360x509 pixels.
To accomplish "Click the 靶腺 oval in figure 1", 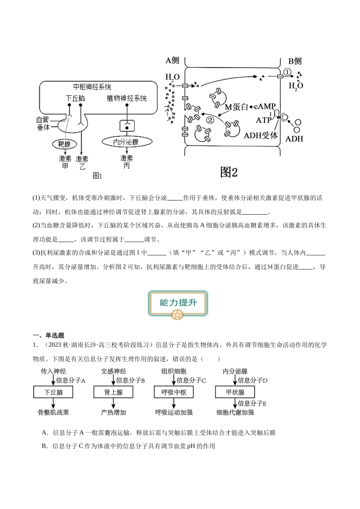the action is click(x=64, y=144).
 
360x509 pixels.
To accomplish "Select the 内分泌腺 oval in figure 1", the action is click(x=127, y=142).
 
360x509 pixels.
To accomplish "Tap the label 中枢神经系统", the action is click(x=92, y=87).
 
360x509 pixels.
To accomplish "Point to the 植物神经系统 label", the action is click(x=127, y=98).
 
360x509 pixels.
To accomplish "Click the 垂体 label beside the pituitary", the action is click(x=43, y=127).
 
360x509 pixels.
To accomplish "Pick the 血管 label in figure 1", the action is click(x=42, y=120).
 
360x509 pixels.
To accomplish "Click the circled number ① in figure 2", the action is click(x=287, y=72).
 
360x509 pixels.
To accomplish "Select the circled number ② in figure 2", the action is click(x=210, y=120).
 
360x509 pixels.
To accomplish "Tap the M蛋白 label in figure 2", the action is click(x=236, y=107).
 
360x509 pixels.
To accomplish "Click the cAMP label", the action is click(x=265, y=106).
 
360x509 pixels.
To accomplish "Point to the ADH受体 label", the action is click(x=261, y=136).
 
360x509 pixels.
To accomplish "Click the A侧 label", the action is click(x=172, y=61).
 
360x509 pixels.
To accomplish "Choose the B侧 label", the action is click(x=295, y=61).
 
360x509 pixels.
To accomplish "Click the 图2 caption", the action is click(x=229, y=172).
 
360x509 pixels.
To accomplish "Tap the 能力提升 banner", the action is click(x=178, y=303).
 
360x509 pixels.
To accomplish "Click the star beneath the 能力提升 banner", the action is click(x=177, y=315).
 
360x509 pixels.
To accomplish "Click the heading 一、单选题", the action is click(x=49, y=336).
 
